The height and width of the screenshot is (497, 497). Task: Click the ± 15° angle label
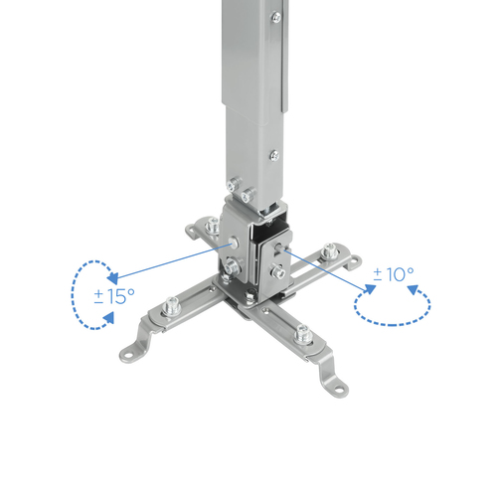[x=114, y=295]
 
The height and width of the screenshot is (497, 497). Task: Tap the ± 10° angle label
[x=394, y=274]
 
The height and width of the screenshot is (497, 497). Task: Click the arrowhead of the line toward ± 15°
[x=113, y=279]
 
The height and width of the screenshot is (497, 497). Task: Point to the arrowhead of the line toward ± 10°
[x=370, y=289]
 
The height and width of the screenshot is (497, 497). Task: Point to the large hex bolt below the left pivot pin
[x=231, y=266]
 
